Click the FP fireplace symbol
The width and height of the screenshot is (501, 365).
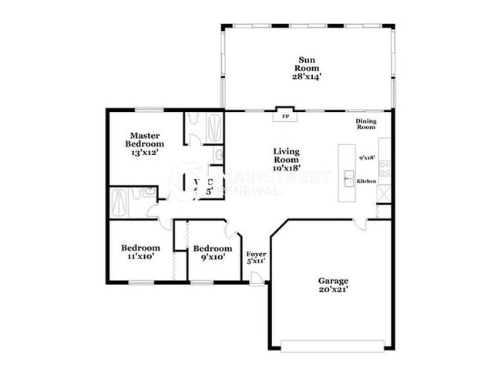pyautogui.click(x=284, y=117)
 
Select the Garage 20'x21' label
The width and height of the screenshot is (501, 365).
pyautogui.click(x=334, y=285)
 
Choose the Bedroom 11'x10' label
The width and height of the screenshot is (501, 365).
pyautogui.click(x=140, y=252)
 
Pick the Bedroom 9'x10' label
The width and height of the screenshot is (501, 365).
pyautogui.click(x=212, y=252)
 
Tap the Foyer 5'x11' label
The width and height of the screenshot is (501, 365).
pyautogui.click(x=256, y=257)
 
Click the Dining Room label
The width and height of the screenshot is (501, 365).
pyautogui.click(x=365, y=123)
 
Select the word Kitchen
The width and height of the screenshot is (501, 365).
pyautogui.click(x=366, y=181)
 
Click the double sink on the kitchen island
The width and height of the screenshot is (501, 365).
pyautogui.click(x=348, y=176)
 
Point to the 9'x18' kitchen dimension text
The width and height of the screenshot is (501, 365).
pyautogui.click(x=367, y=157)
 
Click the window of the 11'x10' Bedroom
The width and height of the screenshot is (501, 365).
pyautogui.click(x=140, y=283)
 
